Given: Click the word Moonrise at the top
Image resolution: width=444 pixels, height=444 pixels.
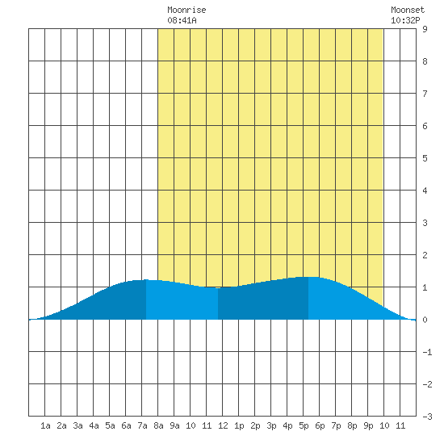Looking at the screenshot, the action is pyautogui.click(x=186, y=10).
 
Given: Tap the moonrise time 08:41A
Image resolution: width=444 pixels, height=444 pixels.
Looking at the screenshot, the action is pyautogui.click(x=182, y=20).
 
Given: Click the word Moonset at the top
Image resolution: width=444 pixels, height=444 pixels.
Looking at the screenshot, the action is pyautogui.click(x=408, y=10).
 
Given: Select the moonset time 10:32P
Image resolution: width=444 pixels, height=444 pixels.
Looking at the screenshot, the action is pyautogui.click(x=405, y=20).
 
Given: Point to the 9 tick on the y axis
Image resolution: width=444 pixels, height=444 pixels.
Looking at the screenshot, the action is pyautogui.click(x=425, y=29).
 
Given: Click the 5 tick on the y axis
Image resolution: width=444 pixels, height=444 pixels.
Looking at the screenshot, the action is pyautogui.click(x=425, y=158).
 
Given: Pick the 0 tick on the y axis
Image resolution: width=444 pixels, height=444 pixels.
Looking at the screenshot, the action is pyautogui.click(x=425, y=320).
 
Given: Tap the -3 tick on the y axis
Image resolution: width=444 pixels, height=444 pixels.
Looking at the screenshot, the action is pyautogui.click(x=427, y=417).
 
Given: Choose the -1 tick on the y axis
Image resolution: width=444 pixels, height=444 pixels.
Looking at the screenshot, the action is pyautogui.click(x=427, y=352).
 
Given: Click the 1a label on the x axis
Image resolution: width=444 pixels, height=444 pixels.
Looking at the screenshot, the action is pyautogui.click(x=45, y=425).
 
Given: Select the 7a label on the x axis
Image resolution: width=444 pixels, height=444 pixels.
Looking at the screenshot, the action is pyautogui.click(x=142, y=425).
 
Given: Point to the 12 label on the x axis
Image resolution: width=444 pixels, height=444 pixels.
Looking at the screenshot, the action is pyautogui.click(x=223, y=425).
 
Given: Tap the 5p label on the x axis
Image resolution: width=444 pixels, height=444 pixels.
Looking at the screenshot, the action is pyautogui.click(x=304, y=425).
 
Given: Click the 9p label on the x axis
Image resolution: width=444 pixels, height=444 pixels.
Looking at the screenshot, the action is pyautogui.click(x=368, y=425).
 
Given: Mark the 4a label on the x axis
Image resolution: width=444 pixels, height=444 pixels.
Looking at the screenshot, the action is pyautogui.click(x=94, y=425).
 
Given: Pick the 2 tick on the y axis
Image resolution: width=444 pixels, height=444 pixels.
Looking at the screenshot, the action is pyautogui.click(x=425, y=255).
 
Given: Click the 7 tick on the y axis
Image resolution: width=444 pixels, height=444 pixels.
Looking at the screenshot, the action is pyautogui.click(x=425, y=94).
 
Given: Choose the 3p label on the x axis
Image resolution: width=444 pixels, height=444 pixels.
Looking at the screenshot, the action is pyautogui.click(x=271, y=425).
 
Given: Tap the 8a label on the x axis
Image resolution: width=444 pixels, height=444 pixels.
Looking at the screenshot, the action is pyautogui.click(x=158, y=425).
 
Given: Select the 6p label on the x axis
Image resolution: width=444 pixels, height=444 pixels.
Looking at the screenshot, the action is pyautogui.click(x=320, y=425).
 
